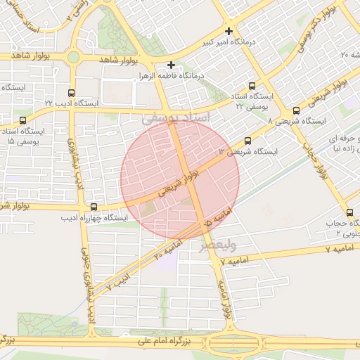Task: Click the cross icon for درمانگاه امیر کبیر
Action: click(x=229, y=32)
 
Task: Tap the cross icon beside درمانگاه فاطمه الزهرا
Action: click(x=171, y=65)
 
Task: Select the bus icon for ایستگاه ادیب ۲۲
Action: click(x=70, y=93)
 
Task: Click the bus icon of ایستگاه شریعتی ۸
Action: click(x=295, y=110)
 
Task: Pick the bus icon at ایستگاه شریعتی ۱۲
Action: click(x=247, y=141)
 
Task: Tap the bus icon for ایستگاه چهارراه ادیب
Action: click(x=94, y=207)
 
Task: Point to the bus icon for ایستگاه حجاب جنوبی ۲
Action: click(x=349, y=212)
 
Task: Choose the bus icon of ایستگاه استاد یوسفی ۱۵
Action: click(x=23, y=121)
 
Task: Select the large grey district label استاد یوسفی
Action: click(x=176, y=118)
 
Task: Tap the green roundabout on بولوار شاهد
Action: click(x=73, y=58)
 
